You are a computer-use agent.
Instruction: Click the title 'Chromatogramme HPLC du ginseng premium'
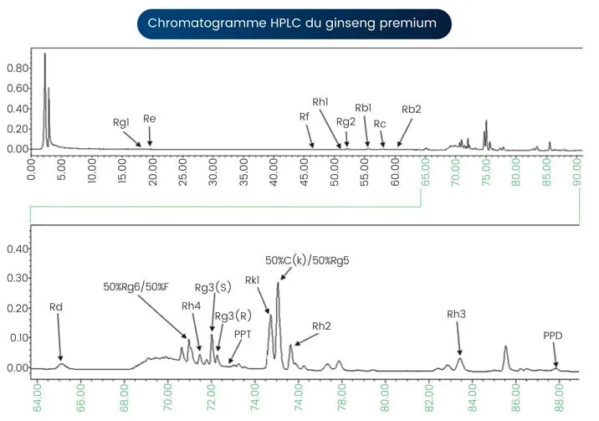[292, 23]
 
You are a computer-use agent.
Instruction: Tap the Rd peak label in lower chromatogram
[56, 307]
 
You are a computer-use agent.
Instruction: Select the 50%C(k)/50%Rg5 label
[307, 259]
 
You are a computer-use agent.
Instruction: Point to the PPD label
[553, 336]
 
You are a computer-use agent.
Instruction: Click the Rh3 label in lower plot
[457, 314]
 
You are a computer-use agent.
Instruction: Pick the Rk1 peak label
[253, 280]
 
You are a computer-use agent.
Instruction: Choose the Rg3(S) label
[212, 287]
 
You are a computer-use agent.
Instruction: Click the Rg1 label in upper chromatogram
[121, 122]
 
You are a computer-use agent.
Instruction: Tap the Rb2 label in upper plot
[411, 109]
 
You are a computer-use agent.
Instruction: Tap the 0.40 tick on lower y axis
[16, 249]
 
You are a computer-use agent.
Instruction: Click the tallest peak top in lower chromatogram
[278, 284]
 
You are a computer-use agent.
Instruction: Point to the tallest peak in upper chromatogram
[44, 54]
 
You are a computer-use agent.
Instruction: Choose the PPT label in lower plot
[243, 333]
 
